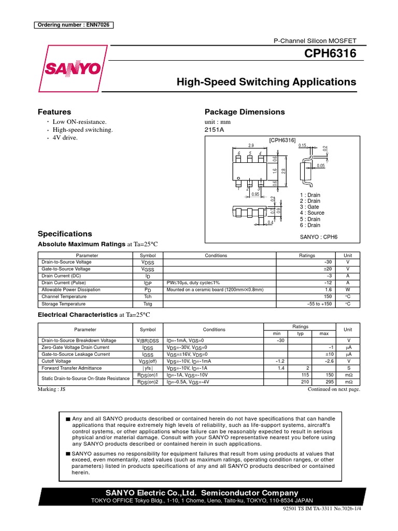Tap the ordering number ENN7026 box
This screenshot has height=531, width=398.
[74, 25]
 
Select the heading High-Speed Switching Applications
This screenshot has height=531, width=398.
[266, 82]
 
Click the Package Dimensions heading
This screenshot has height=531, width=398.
[245, 112]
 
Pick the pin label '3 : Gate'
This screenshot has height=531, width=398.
[310, 207]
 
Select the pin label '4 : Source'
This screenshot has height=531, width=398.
[312, 213]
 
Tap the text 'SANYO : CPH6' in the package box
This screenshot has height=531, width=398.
[319, 236]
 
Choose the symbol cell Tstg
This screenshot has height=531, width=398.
[147, 304]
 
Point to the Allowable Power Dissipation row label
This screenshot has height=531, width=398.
[71, 290]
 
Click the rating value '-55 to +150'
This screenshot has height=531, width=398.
[319, 304]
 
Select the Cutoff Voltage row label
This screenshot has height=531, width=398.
[56, 361]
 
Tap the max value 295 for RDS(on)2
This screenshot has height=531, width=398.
[327, 382]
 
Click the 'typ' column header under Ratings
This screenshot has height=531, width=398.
[300, 333]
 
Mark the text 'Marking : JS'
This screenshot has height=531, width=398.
[52, 389]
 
